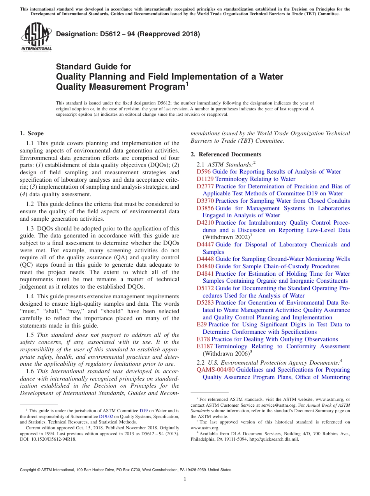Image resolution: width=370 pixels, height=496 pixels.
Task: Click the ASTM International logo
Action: pos(36,36)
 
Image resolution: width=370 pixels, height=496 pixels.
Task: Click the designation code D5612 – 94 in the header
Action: pos(105,34)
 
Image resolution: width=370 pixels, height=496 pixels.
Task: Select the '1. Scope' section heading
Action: pos(32,133)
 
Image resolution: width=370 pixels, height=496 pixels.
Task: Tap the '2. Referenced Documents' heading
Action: pos(226,154)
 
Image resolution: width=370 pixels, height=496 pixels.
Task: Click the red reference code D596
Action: pos(204,172)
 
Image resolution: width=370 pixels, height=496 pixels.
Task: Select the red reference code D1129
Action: pos(205,179)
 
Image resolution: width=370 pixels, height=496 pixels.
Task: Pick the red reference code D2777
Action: pos(205,186)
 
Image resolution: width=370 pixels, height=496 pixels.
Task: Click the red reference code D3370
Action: pos(205,201)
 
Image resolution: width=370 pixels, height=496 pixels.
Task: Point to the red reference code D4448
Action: pos(205,259)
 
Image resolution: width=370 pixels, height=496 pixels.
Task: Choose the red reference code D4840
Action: pos(205,266)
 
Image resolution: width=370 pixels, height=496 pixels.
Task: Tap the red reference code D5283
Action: pos(205,303)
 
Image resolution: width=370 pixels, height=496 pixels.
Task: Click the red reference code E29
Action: pos(202,324)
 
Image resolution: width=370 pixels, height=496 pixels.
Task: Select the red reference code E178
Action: pos(203,339)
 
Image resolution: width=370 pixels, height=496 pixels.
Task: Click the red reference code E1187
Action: pos(205,346)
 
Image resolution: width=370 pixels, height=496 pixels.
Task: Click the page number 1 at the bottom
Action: pos(185,479)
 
